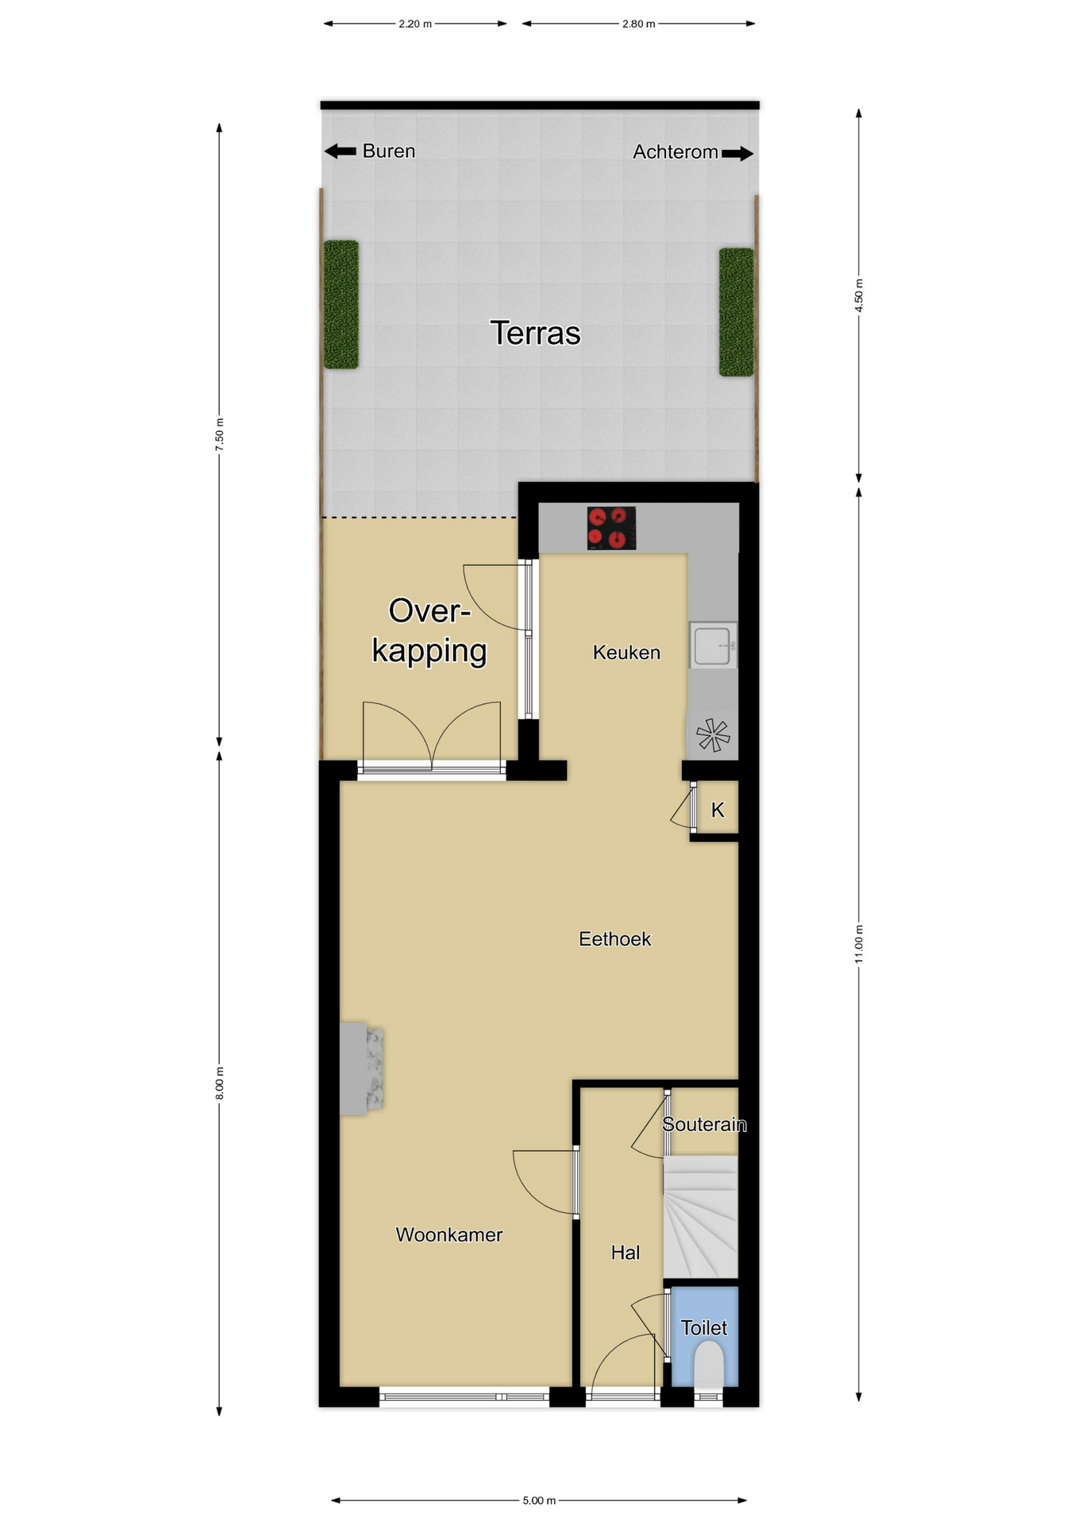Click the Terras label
coord(535,333)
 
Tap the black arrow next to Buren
coord(341,151)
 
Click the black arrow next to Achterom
coord(737,153)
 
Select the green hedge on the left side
coord(341,305)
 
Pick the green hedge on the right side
coord(736,312)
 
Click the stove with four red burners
coord(611,529)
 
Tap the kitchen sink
coord(713,645)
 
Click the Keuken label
coord(626,652)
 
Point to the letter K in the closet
coord(718,810)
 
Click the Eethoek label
coord(614,939)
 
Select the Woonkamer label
coord(449,1234)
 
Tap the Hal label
coord(625,1253)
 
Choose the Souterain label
coord(704,1124)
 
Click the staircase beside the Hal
coord(700,1216)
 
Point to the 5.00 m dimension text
coord(539,1500)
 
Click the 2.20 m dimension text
coord(415,24)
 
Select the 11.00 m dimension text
coord(859,944)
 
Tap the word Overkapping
coord(429,632)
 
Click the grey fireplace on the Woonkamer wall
coord(362,1068)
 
